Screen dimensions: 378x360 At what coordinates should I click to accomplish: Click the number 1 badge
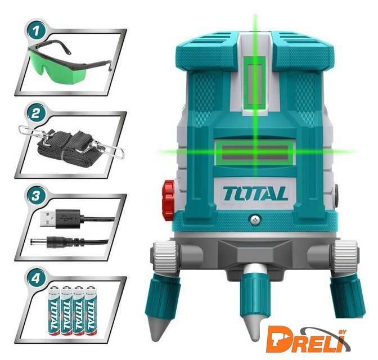[x=36, y=31]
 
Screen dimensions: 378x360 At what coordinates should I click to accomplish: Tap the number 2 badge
[x=36, y=113]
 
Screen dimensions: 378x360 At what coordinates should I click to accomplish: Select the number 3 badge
[x=36, y=196]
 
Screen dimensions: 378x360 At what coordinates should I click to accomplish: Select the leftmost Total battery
[x=55, y=310]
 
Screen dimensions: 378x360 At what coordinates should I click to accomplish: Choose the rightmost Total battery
[x=91, y=310]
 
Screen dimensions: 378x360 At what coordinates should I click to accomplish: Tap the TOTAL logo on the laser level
[x=255, y=193]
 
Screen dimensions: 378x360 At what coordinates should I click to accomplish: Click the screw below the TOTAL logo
[x=255, y=220]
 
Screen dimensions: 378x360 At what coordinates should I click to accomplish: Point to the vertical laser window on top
[x=255, y=83]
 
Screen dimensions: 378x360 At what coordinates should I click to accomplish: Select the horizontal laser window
[x=255, y=152]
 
